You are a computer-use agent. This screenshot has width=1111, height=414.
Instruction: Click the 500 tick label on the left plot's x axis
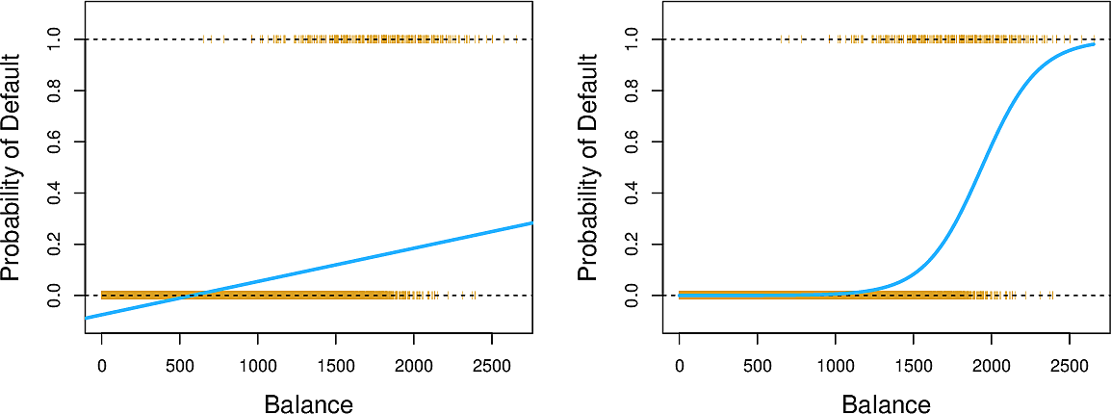179,366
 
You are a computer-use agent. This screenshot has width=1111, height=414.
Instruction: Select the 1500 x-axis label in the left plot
335,366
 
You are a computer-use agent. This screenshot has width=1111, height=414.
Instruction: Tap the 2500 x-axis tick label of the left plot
491,366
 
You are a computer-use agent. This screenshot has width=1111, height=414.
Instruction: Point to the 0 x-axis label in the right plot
679,366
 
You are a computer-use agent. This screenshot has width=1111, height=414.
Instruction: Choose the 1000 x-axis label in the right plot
835,366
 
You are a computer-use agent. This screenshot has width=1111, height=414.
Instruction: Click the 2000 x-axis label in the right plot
991,366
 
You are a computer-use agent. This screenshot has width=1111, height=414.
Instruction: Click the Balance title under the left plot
308,404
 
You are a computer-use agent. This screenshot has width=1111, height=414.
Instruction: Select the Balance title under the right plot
886,404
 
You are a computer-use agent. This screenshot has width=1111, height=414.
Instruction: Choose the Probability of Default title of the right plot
588,168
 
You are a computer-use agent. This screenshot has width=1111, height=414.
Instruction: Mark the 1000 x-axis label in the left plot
257,366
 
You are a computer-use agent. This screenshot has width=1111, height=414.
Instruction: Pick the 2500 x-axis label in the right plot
1069,366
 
